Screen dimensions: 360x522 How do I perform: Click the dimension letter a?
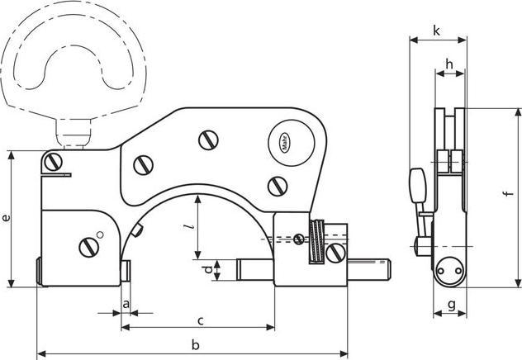126,305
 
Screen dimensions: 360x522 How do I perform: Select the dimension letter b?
194,343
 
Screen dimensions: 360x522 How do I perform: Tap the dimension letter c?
200,320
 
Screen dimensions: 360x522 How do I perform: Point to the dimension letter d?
207,270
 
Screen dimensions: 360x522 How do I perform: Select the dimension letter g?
451,305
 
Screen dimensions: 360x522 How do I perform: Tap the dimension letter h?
449,64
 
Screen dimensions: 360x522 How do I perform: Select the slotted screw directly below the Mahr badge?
274,184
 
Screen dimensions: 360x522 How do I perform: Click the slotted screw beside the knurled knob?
335,253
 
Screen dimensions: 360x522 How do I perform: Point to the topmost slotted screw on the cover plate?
207,140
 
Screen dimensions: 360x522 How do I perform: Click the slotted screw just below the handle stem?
55,161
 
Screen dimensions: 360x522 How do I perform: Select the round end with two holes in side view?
450,269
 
